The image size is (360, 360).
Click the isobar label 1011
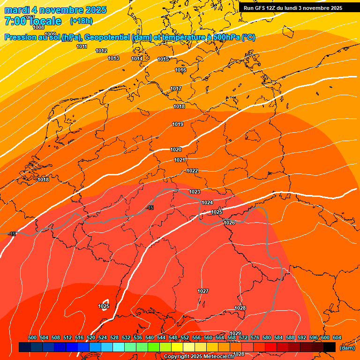point(82,46)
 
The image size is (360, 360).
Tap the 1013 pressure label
point(113,59)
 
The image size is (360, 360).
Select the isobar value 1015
point(163,59)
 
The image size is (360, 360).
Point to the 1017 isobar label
point(176,89)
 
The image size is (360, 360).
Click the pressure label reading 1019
point(178,124)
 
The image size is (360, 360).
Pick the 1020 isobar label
point(176,150)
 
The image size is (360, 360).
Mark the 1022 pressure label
point(192,171)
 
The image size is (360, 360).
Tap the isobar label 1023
point(195,192)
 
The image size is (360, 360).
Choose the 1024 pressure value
point(207,202)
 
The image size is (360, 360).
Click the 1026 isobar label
point(229,223)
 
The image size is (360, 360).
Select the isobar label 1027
point(203,291)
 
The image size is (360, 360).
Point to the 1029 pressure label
point(235,333)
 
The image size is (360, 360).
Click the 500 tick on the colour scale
point(32,338)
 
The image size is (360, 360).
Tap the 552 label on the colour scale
point(185,338)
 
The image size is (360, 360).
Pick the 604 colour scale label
point(337,338)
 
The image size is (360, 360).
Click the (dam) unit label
point(347,348)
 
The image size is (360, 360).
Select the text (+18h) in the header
point(81,21)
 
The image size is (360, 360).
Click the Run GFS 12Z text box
point(292,8)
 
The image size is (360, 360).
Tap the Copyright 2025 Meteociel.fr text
point(199,357)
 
